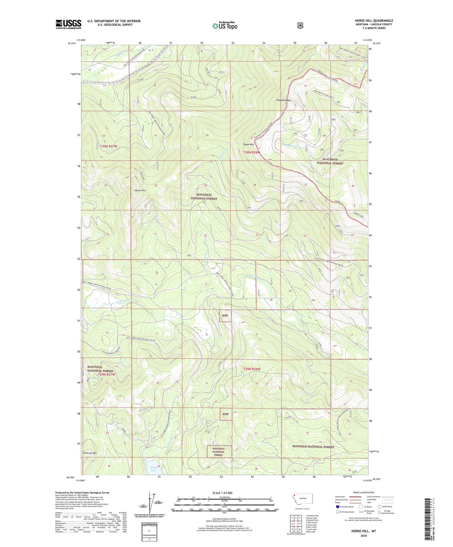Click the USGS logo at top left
(68, 24)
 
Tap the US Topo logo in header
(224, 26)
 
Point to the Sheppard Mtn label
(284, 100)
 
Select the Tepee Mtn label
(248, 144)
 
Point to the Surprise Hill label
(90, 453)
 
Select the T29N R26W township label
(252, 369)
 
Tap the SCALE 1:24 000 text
(222, 493)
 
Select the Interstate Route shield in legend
(338, 507)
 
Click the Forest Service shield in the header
(300, 25)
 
